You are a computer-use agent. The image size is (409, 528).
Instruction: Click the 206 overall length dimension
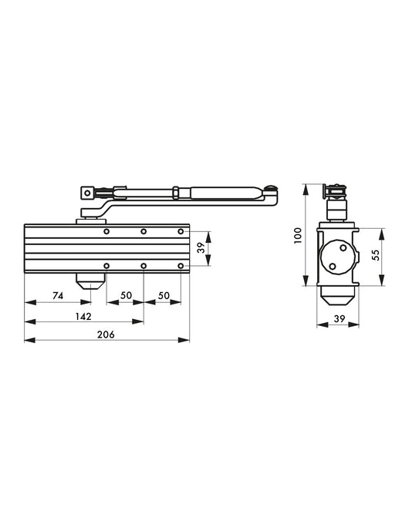[106, 334]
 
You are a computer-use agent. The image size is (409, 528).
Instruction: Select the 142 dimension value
[83, 316]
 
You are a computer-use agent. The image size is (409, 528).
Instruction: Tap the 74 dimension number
[57, 296]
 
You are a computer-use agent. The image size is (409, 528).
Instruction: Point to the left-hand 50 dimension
[124, 296]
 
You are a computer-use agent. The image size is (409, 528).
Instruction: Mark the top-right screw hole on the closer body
[181, 231]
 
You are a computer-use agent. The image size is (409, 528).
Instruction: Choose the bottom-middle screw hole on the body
[144, 267]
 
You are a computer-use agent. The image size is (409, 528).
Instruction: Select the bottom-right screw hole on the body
[181, 267]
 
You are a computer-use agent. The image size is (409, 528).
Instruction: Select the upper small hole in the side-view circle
[340, 247]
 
